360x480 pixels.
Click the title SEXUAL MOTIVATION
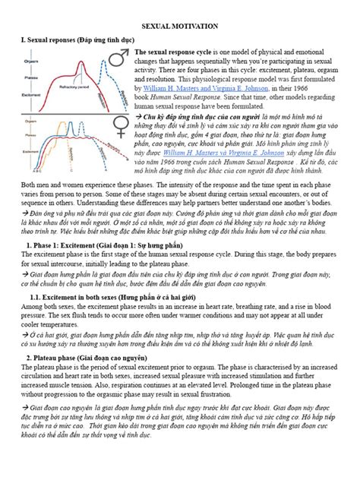click(179, 26)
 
